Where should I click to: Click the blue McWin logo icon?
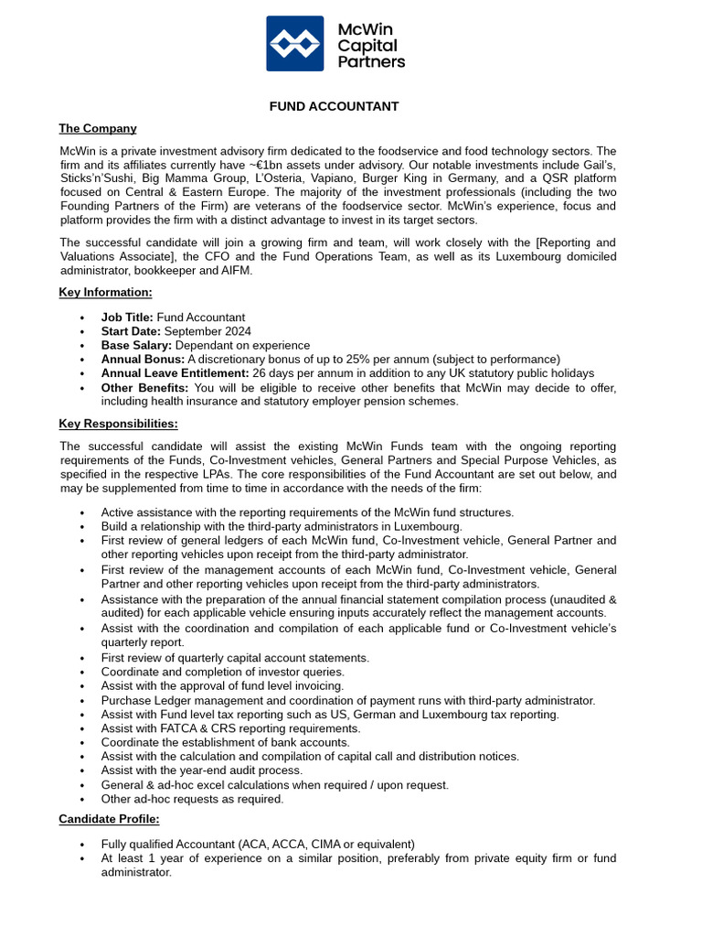tap(294, 43)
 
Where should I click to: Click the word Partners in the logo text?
tap(371, 62)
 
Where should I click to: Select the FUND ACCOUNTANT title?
tap(334, 106)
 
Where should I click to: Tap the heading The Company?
tap(98, 128)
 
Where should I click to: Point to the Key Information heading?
tap(105, 292)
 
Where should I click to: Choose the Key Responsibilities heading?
tap(118, 424)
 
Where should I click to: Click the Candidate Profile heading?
tap(109, 818)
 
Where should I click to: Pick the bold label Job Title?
tap(127, 318)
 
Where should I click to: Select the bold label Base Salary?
tap(136, 345)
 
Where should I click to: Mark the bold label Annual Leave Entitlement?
tap(175, 373)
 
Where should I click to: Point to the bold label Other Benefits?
tap(144, 388)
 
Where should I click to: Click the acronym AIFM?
tap(233, 270)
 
